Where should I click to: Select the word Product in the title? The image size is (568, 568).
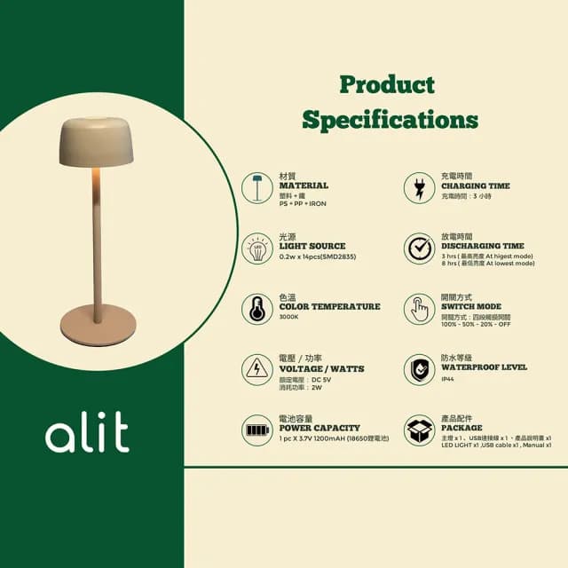[x=388, y=85]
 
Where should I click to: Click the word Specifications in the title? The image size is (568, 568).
[x=390, y=120]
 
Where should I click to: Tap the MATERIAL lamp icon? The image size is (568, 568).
[x=256, y=187]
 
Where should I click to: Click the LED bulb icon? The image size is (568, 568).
[x=256, y=248]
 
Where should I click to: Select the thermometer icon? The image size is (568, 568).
[x=256, y=309]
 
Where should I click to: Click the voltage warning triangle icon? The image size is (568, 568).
[x=256, y=369]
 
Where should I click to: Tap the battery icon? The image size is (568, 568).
[x=256, y=430]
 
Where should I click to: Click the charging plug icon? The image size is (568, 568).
[x=419, y=187]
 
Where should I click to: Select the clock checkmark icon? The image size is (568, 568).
[x=419, y=248]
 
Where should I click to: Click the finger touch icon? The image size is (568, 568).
[x=419, y=309]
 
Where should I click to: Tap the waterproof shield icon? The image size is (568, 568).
[x=419, y=369]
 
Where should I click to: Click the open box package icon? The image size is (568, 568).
[x=419, y=430]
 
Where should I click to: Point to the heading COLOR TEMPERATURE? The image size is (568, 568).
[x=329, y=306]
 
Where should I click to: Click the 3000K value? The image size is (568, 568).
[x=289, y=317]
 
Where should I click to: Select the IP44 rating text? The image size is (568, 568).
[x=449, y=378]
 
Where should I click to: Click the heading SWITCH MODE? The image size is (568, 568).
[x=470, y=306]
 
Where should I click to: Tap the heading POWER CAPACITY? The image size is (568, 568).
[x=319, y=428]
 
